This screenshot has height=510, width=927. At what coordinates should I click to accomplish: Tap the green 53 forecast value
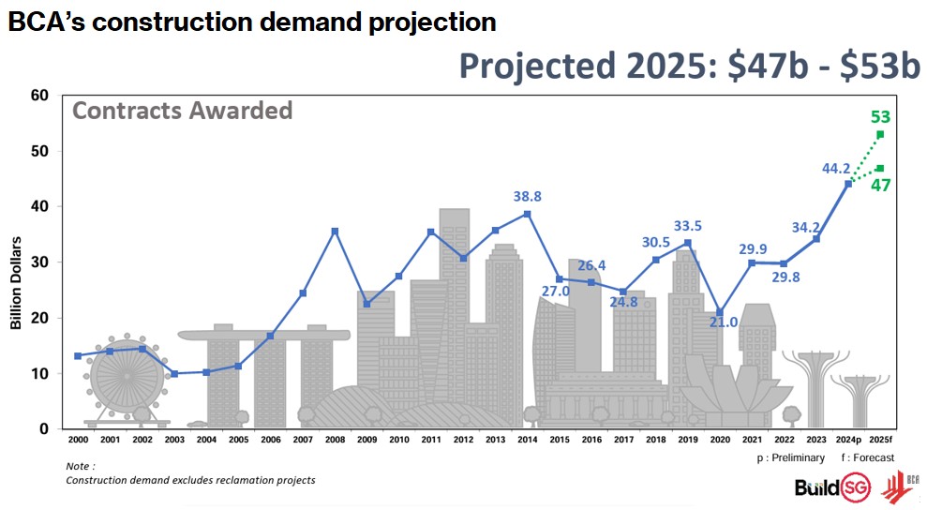coord(880,117)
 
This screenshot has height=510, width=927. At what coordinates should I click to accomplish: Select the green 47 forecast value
coord(880,185)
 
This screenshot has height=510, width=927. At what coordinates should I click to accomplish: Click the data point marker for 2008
coord(335,231)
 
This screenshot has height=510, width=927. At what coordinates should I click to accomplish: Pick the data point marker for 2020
coord(719,312)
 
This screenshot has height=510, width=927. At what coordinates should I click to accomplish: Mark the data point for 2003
coord(174,374)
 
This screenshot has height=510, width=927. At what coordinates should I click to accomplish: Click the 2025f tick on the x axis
coord(880,439)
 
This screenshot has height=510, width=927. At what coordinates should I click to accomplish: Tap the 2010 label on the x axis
coord(398,439)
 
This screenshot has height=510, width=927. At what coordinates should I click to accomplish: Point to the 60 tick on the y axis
coord(38,96)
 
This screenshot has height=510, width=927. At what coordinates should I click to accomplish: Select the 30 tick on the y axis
coord(38,262)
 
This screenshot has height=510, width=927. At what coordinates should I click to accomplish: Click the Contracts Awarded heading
coord(182,111)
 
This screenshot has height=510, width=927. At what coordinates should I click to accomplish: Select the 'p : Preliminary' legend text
coord(790,457)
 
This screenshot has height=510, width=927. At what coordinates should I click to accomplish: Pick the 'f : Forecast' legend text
coord(867,457)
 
